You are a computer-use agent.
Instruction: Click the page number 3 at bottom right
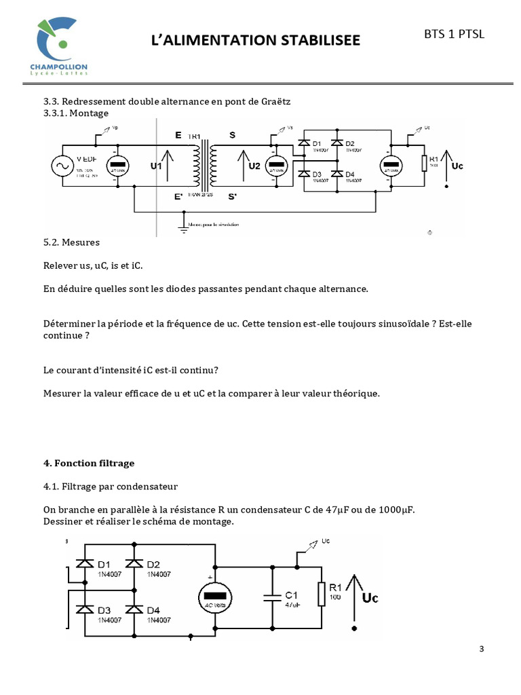click(482, 649)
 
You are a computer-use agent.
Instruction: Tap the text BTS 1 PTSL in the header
click(455, 35)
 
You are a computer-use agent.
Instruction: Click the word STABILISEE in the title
click(309, 41)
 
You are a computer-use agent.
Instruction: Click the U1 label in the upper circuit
click(156, 166)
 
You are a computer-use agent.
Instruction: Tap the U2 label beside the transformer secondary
click(254, 166)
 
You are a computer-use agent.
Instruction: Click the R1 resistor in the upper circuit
click(424, 164)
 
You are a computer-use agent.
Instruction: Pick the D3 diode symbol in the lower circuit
click(85, 609)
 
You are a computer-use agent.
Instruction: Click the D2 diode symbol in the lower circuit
click(134, 563)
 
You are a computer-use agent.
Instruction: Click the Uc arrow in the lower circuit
click(353, 597)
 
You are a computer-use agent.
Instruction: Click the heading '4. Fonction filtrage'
click(89, 463)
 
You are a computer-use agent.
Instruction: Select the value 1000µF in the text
click(391, 510)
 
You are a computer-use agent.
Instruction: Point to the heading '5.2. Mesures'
click(72, 242)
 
